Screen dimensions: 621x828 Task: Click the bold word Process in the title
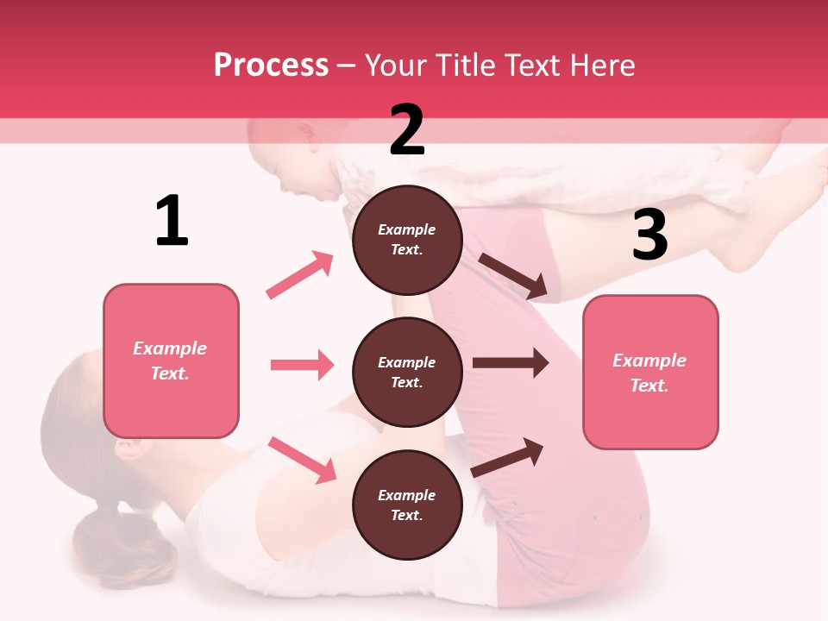[271, 66]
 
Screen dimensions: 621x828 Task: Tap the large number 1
[172, 222]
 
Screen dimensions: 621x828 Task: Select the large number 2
[407, 130]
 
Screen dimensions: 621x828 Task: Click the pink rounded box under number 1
[171, 361]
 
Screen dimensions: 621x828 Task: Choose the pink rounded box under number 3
[650, 373]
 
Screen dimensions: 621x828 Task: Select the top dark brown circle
[407, 240]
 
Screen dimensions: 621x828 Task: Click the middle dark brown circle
[407, 372]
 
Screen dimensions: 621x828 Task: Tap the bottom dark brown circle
[407, 505]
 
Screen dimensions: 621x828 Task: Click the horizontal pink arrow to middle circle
[302, 365]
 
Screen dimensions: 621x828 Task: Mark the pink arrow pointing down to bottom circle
[303, 460]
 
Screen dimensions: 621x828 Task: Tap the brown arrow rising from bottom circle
[508, 457]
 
